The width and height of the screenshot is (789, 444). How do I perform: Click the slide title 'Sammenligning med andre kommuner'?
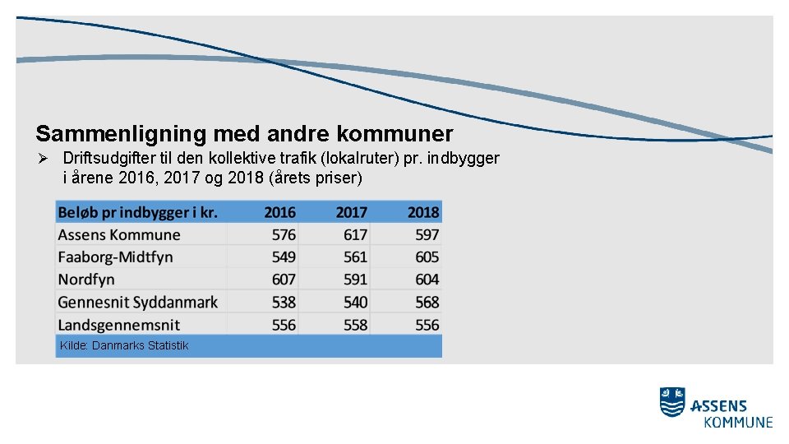pyautogui.click(x=244, y=133)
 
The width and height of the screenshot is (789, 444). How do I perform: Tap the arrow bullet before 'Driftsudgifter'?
pyautogui.click(x=45, y=158)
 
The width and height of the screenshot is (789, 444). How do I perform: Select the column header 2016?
pyautogui.click(x=279, y=212)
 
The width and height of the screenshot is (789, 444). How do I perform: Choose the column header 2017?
pyautogui.click(x=351, y=212)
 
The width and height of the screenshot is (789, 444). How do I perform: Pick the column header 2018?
pyautogui.click(x=422, y=212)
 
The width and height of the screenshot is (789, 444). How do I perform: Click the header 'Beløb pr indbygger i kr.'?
pyautogui.click(x=138, y=213)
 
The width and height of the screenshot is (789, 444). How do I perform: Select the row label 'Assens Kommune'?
pyautogui.click(x=119, y=234)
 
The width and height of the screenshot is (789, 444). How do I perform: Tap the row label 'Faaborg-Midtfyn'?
pyautogui.click(x=116, y=257)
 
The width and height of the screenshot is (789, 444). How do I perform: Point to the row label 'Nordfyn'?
pyautogui.click(x=86, y=280)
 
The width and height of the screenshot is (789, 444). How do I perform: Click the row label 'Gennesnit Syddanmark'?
pyautogui.click(x=138, y=302)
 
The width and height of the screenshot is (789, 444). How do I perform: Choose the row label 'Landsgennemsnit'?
pyautogui.click(x=119, y=325)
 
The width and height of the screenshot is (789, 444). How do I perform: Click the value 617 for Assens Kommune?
pyautogui.click(x=355, y=234)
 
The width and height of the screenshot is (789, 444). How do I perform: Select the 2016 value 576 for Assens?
pyautogui.click(x=284, y=234)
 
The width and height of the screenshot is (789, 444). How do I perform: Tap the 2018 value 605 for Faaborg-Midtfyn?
pyautogui.click(x=427, y=257)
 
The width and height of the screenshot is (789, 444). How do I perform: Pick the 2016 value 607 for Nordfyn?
pyautogui.click(x=284, y=280)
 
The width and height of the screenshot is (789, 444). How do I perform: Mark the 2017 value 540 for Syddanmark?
pyautogui.click(x=355, y=303)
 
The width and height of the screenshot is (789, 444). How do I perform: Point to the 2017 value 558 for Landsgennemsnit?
pyautogui.click(x=355, y=325)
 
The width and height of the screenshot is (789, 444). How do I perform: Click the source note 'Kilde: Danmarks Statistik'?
pyautogui.click(x=124, y=345)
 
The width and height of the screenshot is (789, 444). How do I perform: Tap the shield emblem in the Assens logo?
pyautogui.click(x=672, y=402)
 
